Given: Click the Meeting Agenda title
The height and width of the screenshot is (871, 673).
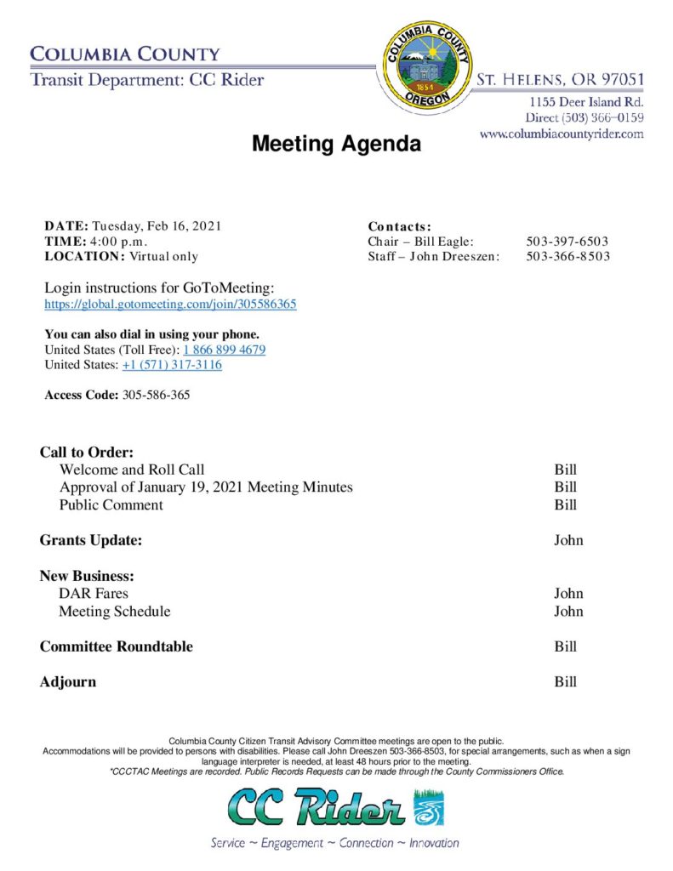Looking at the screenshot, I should coord(336,145).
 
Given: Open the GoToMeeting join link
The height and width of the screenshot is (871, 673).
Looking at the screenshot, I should coord(170,304).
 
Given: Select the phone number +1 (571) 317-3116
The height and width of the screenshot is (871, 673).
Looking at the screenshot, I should coord(172,365).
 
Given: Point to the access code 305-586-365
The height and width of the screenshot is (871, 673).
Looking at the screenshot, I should coord(156,395).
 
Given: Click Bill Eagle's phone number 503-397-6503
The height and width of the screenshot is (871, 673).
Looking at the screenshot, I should coord(567,242).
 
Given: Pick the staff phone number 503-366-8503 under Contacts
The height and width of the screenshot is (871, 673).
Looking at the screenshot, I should coord(567,256).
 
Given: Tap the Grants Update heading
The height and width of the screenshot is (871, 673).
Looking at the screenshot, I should coord(91,540).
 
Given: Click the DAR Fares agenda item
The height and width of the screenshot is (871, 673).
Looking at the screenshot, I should coord(94,593).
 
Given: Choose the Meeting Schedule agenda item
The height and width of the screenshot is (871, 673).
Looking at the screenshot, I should coord(114,612).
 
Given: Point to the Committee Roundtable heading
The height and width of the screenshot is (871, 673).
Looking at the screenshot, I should coord(117,646).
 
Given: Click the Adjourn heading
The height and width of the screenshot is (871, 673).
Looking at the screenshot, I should coord(68,682).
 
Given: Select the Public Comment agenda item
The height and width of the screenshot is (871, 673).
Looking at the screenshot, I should coord(111,505).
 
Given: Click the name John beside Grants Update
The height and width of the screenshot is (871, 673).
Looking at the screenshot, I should coord(568,540).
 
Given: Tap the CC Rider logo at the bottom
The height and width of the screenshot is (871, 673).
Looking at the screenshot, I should coord(335,809).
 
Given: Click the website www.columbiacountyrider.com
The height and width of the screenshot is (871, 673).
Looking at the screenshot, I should coord(562,134).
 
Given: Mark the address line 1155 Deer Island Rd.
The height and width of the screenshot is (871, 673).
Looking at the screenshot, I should coord(586,102).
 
